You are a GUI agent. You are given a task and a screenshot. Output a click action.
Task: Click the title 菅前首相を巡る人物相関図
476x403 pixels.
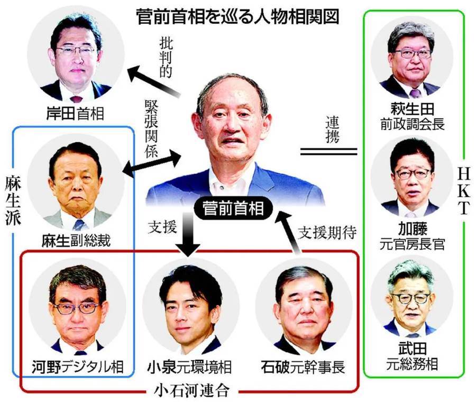coord(237,17)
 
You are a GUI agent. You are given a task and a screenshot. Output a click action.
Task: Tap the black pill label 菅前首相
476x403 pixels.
coord(233,209)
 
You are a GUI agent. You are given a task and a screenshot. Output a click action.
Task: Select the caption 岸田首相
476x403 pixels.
coord(75,114)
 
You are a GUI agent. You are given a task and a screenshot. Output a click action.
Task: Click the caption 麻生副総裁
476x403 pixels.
coord(76,241)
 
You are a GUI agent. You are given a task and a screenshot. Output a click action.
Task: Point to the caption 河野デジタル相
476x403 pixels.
coord(78,367)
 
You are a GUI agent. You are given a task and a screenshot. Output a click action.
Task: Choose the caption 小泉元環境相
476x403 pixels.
coord(189,367)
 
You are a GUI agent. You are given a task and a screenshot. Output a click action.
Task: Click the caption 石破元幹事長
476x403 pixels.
coord(303,367)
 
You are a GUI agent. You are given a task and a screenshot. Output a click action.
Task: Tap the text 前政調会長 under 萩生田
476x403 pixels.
coord(412,124)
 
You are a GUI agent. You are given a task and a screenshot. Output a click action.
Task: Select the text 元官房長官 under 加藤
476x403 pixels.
coord(412,244)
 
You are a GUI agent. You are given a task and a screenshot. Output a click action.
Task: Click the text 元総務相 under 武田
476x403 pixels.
coord(412,364)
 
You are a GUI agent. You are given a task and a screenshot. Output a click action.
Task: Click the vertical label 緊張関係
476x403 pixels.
coord(151,129)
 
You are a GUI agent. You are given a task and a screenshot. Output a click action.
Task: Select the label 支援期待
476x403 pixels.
coord(327,233)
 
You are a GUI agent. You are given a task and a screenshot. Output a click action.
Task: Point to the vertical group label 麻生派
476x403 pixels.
coord(13,199)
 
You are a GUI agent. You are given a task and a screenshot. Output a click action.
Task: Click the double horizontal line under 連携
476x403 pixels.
coord(328,151)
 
